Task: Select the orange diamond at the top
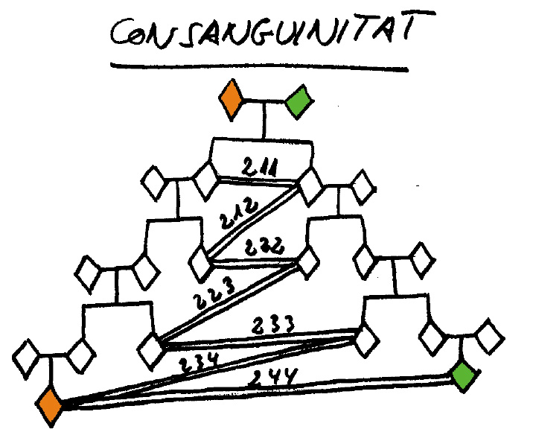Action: click(232, 100)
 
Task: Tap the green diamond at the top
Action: click(299, 101)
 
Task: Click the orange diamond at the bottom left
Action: click(51, 406)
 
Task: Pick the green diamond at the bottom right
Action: click(465, 375)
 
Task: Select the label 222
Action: click(264, 247)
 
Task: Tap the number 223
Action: click(214, 293)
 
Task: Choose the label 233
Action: click(273, 325)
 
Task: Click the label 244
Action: click(276, 378)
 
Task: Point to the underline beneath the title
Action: click(259, 67)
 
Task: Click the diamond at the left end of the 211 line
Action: click(206, 180)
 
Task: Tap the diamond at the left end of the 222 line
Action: click(200, 264)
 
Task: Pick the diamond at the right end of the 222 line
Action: click(308, 263)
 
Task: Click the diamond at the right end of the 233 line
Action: click(367, 340)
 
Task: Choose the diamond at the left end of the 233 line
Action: click(151, 351)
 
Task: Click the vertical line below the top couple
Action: click(264, 120)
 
